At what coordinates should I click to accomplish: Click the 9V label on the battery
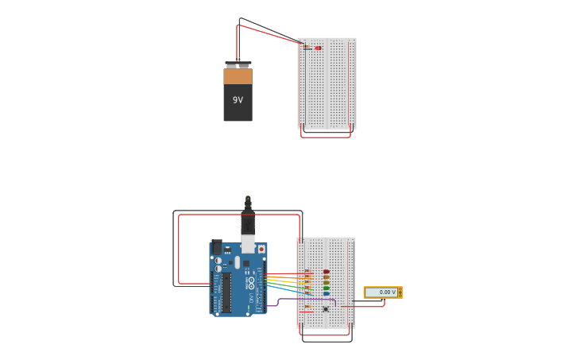pyautogui.click(x=238, y=100)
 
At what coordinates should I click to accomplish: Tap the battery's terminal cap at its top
pyautogui.click(x=238, y=64)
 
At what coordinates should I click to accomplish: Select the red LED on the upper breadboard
pyautogui.click(x=318, y=48)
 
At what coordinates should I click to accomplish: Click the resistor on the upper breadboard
pyautogui.click(x=307, y=48)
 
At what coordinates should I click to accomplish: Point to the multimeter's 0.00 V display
pyautogui.click(x=381, y=292)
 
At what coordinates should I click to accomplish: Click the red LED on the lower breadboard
pyautogui.click(x=326, y=272)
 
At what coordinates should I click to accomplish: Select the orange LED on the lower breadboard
pyautogui.click(x=326, y=277)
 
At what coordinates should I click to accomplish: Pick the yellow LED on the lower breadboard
pyautogui.click(x=326, y=283)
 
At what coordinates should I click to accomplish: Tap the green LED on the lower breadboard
pyautogui.click(x=326, y=288)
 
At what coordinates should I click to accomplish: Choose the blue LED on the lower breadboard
pyautogui.click(x=326, y=294)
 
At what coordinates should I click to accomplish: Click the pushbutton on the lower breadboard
pyautogui.click(x=326, y=308)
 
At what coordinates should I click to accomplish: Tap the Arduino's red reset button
pyautogui.click(x=261, y=249)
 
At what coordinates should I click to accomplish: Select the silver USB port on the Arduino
pyautogui.click(x=248, y=243)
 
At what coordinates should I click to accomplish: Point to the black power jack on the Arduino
pyautogui.click(x=217, y=247)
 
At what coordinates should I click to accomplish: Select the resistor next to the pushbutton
pyautogui.click(x=307, y=306)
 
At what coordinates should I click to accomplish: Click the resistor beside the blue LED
pyautogui.click(x=308, y=293)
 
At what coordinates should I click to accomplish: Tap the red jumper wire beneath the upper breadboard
pyautogui.click(x=326, y=137)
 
